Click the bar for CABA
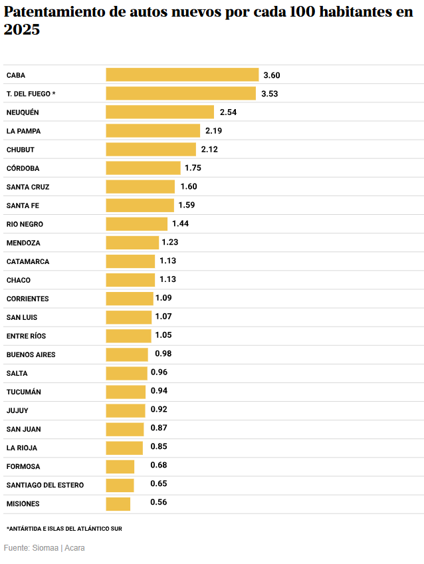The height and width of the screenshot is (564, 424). (182, 75)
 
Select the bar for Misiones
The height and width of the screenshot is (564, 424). (118, 503)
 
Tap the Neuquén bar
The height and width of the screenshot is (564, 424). (159, 112)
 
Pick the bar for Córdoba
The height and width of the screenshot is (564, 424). (143, 168)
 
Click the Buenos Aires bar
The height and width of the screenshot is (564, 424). (127, 354)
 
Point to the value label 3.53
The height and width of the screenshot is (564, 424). (269, 94)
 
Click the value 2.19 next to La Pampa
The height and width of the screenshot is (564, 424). (213, 131)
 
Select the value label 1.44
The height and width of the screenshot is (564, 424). (180, 224)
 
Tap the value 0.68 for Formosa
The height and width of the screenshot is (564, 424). (159, 466)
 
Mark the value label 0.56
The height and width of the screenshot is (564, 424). (159, 502)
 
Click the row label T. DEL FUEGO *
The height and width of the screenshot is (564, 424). (31, 94)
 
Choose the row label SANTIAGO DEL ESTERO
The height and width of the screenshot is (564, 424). (45, 485)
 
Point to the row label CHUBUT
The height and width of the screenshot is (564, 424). (21, 150)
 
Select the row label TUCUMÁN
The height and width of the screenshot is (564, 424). (24, 392)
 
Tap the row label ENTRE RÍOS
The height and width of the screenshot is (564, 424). (27, 336)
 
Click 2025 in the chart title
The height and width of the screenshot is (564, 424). (22, 30)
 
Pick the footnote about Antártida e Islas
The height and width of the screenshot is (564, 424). (64, 529)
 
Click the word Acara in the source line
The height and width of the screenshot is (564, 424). (74, 548)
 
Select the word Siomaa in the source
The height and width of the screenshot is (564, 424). (45, 548)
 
